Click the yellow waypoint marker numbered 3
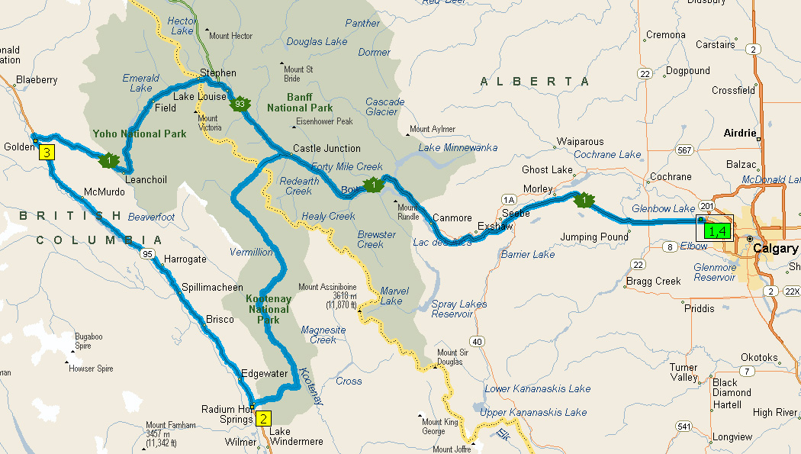click(47, 153)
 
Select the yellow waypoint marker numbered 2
click(263, 418)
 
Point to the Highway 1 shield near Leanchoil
click(108, 160)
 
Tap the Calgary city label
click(774, 249)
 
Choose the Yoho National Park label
click(140, 134)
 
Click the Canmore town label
click(452, 218)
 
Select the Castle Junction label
click(327, 149)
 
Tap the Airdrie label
click(739, 133)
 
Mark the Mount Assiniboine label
click(327, 288)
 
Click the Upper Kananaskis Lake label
click(534, 413)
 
